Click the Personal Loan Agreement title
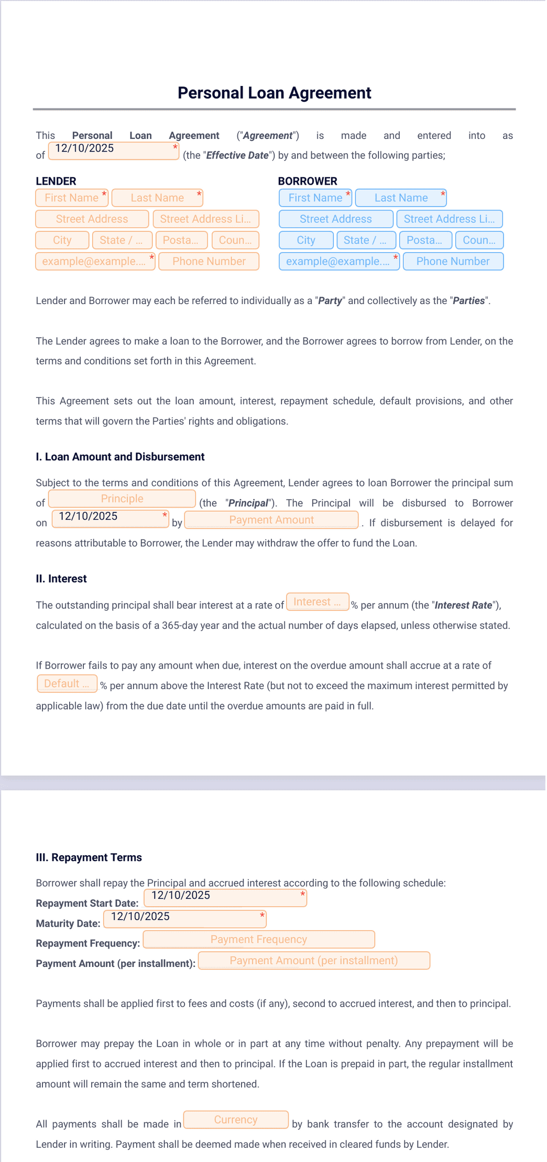(274, 93)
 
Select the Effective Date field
(114, 151)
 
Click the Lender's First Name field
(72, 198)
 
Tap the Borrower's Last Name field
(401, 198)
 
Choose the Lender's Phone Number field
(209, 261)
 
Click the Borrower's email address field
(338, 261)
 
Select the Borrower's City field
(306, 240)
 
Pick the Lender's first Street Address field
(92, 219)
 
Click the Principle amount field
(122, 499)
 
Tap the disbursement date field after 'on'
(110, 519)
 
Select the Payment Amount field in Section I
(271, 520)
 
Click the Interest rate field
(318, 602)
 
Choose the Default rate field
(67, 684)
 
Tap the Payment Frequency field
(259, 939)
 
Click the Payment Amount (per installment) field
(314, 961)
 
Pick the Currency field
(236, 1120)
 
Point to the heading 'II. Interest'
(61, 579)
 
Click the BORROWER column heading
(308, 181)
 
